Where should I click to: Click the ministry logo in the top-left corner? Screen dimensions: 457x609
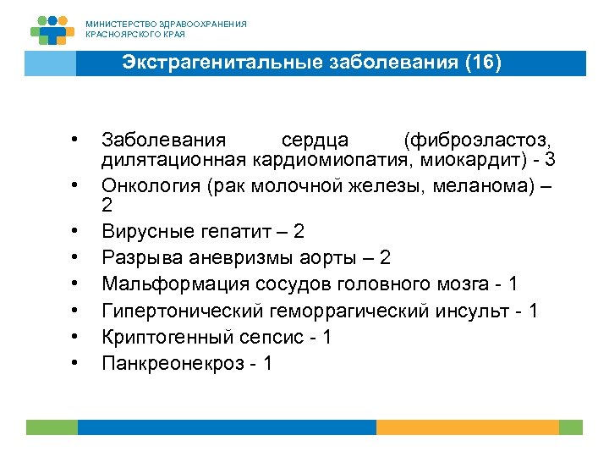click(x=52, y=28)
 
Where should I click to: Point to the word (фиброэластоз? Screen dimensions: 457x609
click(x=479, y=140)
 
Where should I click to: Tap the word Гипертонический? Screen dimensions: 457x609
click(x=169, y=311)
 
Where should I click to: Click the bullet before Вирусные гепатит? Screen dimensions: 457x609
click(x=75, y=230)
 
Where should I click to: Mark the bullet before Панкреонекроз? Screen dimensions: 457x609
click(x=75, y=362)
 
